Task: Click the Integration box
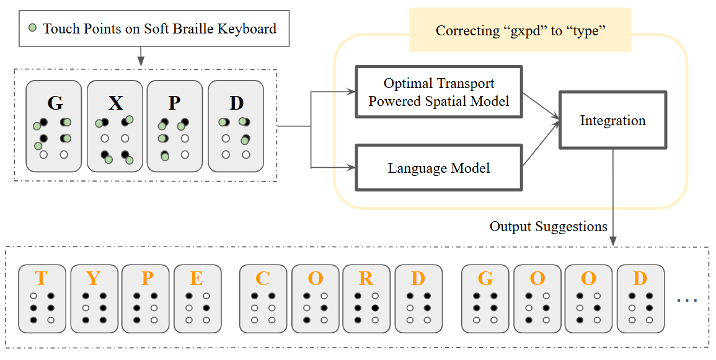coord(612,120)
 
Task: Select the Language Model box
coord(439,167)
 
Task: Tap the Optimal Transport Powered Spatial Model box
coord(439,92)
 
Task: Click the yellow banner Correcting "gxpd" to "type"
coord(520,30)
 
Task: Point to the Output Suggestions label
coord(548,226)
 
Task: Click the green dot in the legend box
coord(33,28)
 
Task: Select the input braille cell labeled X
coord(115,126)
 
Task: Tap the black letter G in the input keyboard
coord(55,103)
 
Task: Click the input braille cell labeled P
coord(174,126)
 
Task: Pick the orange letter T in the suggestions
coord(41,278)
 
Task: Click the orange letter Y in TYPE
coord(93,278)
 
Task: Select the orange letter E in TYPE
coord(197,278)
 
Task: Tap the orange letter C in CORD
coord(263,278)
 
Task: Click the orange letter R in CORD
coord(366,278)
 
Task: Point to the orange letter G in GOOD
coord(485,278)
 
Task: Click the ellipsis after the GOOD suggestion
coord(687,301)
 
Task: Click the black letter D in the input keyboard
coord(236,103)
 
